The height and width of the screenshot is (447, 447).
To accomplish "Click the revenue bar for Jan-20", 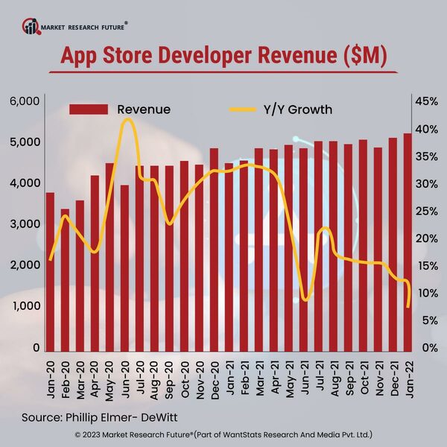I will tap(50, 271).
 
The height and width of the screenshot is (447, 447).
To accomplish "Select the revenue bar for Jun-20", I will tap(124, 267).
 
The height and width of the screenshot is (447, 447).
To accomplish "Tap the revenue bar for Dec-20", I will tap(214, 250).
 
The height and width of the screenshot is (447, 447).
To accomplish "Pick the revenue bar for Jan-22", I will tap(408, 242).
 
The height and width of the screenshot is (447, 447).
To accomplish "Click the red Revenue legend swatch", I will tap(90, 110).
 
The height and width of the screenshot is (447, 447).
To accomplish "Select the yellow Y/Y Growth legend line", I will tap(241, 110).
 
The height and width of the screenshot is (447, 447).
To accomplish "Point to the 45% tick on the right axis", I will tap(428, 101).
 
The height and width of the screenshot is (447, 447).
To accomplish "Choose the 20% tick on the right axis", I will tap(428, 238).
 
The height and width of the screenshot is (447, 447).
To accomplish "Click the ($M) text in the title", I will tap(361, 57).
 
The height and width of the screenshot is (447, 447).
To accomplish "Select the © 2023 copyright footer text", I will tap(223, 434).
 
